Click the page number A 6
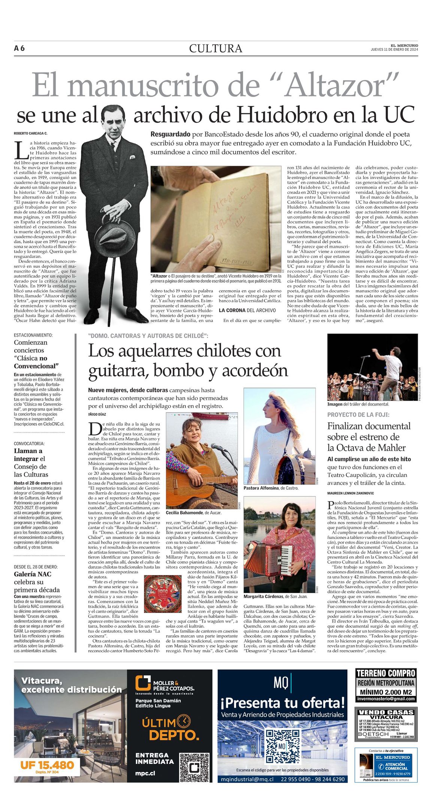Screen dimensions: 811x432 (x=19, y=48)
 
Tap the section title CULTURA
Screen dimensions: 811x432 (x=215, y=49)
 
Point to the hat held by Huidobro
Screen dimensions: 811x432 (x=110, y=238)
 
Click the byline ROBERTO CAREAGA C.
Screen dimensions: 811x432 (x=31, y=134)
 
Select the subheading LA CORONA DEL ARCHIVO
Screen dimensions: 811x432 (x=247, y=310)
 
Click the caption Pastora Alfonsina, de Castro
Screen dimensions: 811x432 (x=271, y=488)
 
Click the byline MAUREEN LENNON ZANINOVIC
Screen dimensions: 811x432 (x=350, y=493)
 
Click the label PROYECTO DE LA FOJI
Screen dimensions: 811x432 (x=358, y=414)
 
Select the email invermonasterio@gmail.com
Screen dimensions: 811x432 (x=386, y=698)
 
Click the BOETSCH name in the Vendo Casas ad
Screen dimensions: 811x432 (x=373, y=734)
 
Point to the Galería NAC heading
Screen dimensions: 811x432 (x=33, y=574)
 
